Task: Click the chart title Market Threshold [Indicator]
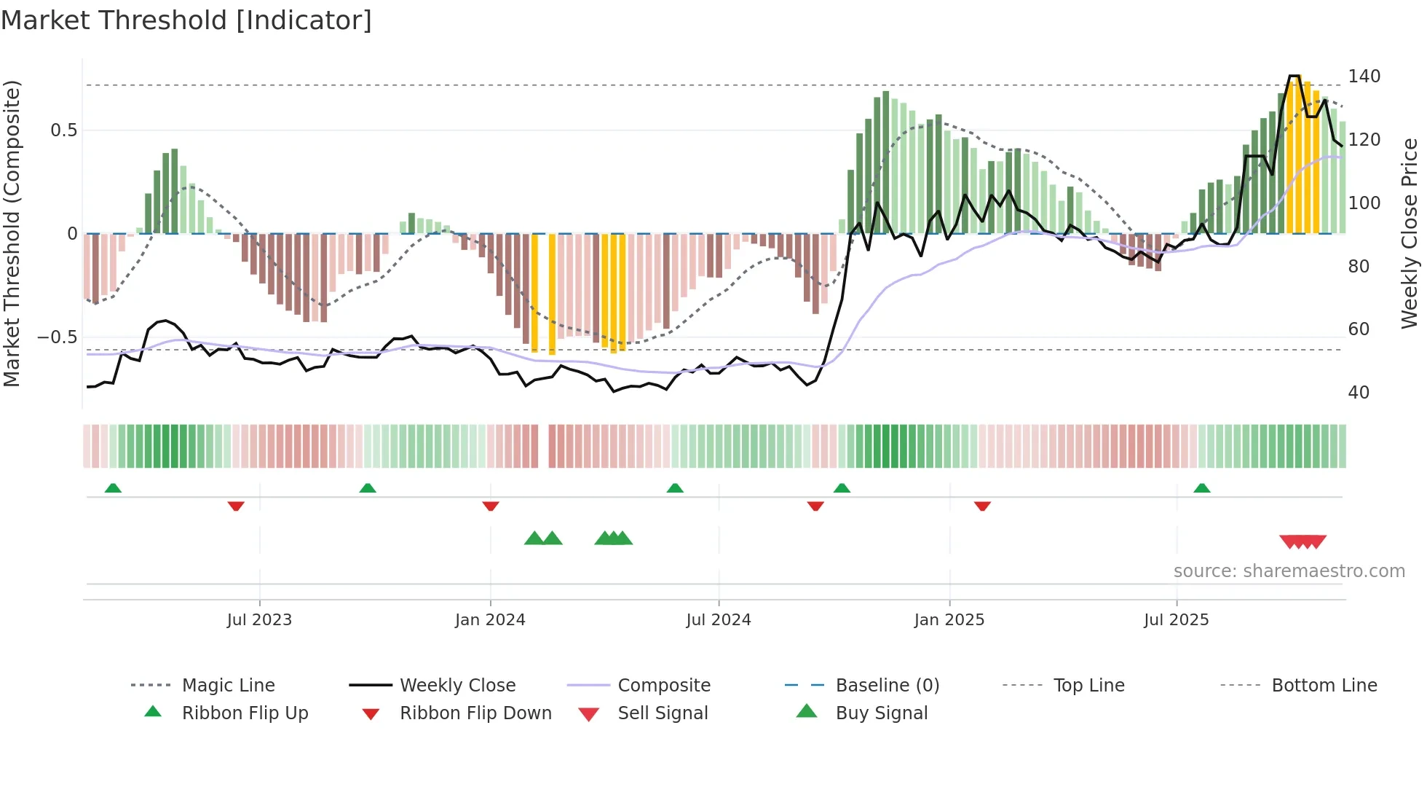coord(186,20)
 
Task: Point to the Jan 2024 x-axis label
coord(490,620)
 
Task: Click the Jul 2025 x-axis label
coord(1176,620)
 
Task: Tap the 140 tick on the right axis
coord(1364,77)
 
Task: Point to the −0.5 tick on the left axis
coord(57,337)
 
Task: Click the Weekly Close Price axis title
coord(1410,233)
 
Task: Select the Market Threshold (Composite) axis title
coord(12,233)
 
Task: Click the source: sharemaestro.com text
coord(1289,571)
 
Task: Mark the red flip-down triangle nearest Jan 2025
coord(982,506)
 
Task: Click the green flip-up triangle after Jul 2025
coord(1201,488)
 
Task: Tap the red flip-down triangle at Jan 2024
coord(490,506)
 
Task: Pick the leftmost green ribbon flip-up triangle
coord(113,488)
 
